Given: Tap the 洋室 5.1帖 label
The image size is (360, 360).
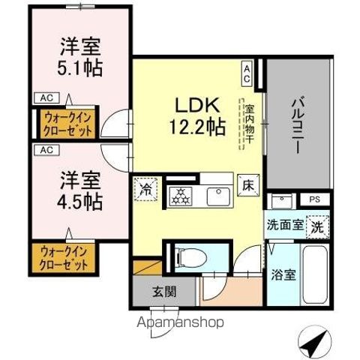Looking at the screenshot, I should (81, 58).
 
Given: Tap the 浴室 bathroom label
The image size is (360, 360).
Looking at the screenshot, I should (283, 274).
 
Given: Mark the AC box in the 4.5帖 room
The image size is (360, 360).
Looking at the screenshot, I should (46, 148).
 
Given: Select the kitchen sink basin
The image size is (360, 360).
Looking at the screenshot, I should (222, 196).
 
